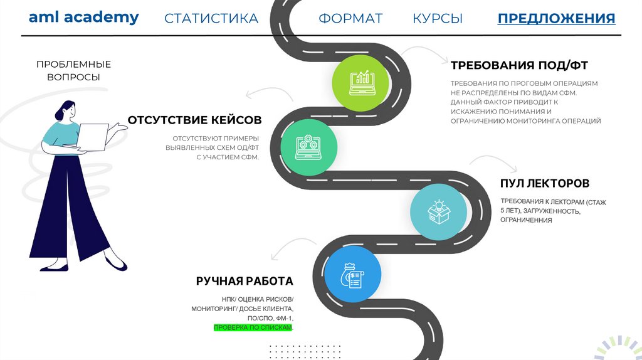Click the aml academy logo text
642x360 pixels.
point(83,18)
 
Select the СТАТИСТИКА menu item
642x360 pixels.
point(211,18)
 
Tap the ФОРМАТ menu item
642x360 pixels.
point(350,18)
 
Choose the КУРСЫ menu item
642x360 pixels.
point(438,18)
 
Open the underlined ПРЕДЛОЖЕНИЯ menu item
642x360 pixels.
point(556,18)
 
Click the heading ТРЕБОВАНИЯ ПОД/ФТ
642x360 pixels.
point(518,65)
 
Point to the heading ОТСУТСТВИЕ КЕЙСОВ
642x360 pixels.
point(194,120)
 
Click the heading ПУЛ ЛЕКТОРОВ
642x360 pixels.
point(544,184)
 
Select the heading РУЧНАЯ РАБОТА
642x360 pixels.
point(244,281)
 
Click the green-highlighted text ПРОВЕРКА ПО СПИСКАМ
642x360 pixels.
point(253,328)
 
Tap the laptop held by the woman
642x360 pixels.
point(92,137)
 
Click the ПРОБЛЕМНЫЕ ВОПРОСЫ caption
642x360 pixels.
point(73,70)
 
